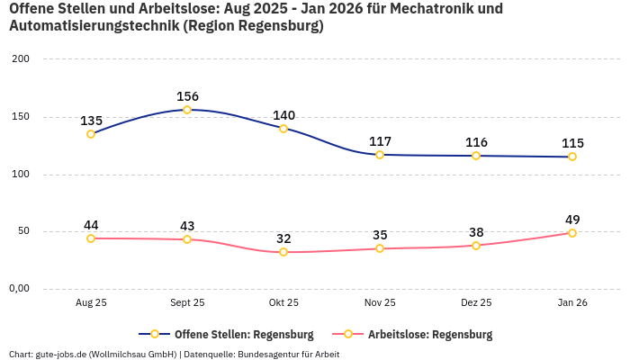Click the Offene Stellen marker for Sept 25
tap(187, 110)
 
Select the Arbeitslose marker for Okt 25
tap(283, 252)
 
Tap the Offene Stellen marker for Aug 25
tap(91, 134)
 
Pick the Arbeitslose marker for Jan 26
tap(572, 233)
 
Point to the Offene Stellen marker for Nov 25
tap(380, 155)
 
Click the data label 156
tap(187, 96)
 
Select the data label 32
tap(283, 238)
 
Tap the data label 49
tap(572, 220)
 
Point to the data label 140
tap(283, 115)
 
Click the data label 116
tap(476, 142)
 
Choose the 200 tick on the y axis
tap(21, 59)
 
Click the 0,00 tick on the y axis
tap(19, 289)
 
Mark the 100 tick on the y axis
tap(21, 175)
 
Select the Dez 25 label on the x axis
tap(476, 303)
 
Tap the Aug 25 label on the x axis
tap(91, 303)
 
